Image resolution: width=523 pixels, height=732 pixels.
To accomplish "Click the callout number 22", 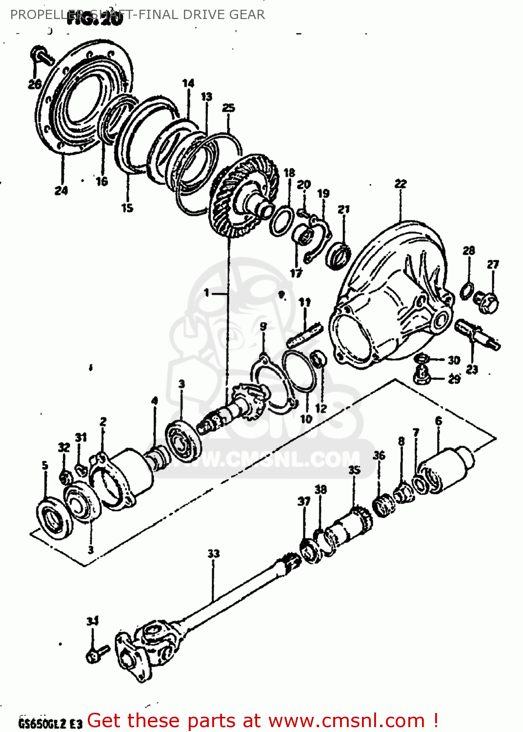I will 400,184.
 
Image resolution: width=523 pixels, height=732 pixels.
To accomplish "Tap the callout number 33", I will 214,553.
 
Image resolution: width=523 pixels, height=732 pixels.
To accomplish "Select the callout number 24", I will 61,191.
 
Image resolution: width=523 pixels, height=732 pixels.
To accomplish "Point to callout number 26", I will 34,84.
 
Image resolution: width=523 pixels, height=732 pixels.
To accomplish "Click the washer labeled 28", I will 466,289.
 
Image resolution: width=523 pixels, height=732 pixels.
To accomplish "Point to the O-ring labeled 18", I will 282,221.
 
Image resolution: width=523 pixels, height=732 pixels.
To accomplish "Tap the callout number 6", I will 439,421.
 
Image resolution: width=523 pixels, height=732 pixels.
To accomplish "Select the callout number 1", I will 206,292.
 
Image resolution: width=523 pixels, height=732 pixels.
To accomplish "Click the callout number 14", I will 188,83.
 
